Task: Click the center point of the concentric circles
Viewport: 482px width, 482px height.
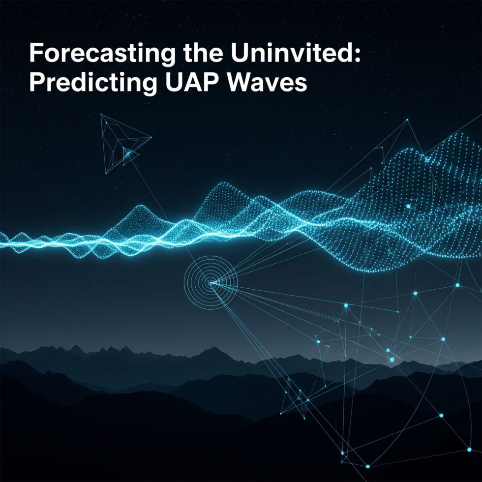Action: coord(211,282)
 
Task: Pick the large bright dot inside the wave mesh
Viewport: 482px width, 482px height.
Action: coord(408,207)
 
